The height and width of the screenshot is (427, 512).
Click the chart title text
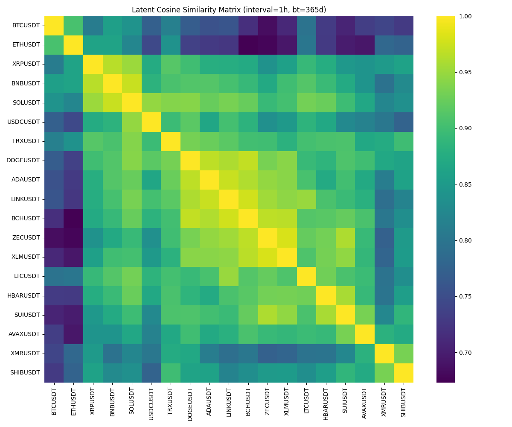(229, 10)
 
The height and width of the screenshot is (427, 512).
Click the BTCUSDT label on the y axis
(26, 26)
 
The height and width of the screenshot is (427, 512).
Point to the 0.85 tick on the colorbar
(456, 184)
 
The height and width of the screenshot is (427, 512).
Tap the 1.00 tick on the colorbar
(456, 16)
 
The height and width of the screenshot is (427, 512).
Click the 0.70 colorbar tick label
(466, 353)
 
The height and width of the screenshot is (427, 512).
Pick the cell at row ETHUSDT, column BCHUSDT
(248, 45)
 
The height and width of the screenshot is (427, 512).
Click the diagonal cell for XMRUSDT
(384, 354)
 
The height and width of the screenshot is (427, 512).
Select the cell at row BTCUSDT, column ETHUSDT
(73, 26)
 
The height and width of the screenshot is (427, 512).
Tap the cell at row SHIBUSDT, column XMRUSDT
(384, 373)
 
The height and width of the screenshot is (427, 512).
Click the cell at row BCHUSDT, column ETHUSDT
(73, 218)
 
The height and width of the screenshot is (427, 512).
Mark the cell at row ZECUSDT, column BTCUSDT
(54, 237)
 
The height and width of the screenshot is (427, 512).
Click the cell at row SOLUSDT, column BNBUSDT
(112, 102)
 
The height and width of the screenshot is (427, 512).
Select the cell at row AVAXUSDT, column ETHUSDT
(73, 334)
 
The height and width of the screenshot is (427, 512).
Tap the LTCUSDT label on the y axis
(26, 276)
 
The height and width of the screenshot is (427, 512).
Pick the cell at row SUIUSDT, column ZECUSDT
(268, 315)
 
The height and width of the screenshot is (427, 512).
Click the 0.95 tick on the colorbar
(456, 72)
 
